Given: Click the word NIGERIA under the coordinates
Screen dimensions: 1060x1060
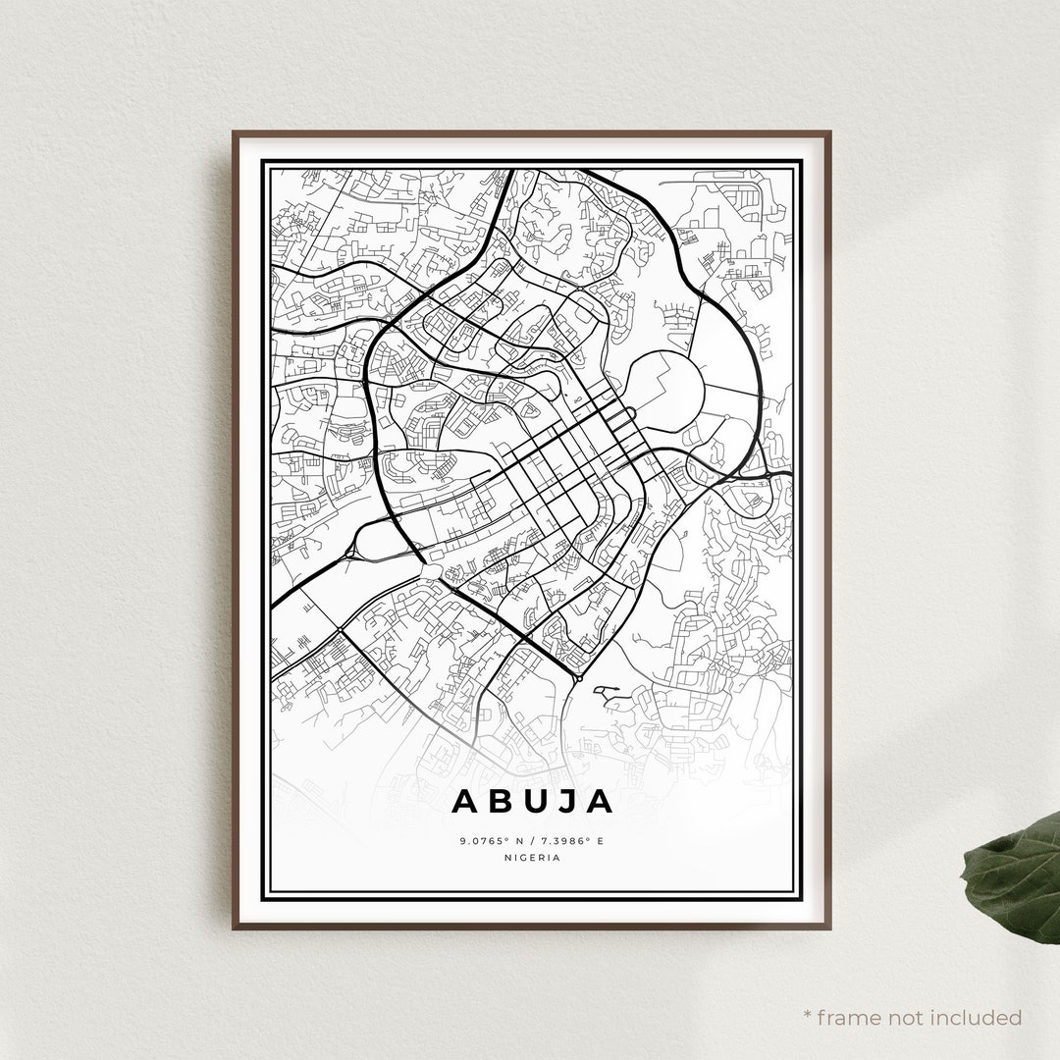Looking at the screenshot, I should tap(531, 857).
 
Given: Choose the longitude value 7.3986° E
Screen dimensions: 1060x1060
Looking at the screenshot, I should tap(573, 841).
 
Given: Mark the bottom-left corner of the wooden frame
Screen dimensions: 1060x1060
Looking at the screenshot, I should tap(235, 927).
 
